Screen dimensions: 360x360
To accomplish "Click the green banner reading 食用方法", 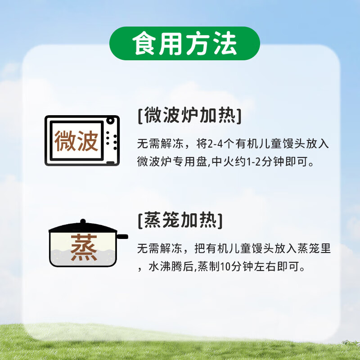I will tap(184, 43).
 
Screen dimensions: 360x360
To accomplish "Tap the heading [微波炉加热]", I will tap(189, 116).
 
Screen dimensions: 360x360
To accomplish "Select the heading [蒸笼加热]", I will tap(180, 221).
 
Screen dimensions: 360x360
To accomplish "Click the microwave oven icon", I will tap(82, 141).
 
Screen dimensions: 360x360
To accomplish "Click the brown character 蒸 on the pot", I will tap(84, 248).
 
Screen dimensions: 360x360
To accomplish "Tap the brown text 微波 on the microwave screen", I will tap(76, 141).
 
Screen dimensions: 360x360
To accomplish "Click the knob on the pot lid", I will tap(82, 222).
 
